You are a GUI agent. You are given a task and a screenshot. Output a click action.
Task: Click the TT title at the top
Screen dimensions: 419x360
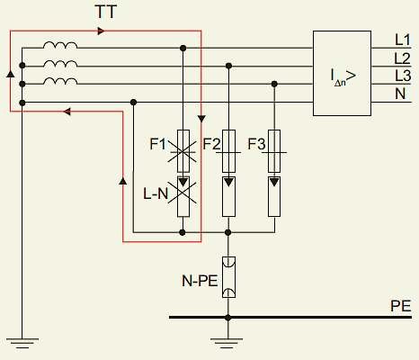pyautogui.click(x=106, y=12)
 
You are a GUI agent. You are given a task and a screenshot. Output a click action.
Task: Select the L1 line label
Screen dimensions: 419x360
pyautogui.click(x=403, y=40)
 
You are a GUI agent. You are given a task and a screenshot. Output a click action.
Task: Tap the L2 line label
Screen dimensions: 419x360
pyautogui.click(x=402, y=58)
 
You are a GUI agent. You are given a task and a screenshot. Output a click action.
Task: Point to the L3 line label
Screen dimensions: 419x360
pyautogui.click(x=403, y=76)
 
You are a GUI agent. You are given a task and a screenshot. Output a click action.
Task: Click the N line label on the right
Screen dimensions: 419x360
pyautogui.click(x=400, y=94)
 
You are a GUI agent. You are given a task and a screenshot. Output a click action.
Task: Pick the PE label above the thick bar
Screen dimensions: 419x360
pyautogui.click(x=400, y=306)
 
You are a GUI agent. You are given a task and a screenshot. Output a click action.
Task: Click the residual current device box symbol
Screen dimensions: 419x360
pyautogui.click(x=342, y=73)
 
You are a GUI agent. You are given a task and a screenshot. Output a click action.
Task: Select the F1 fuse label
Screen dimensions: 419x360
pyautogui.click(x=157, y=144)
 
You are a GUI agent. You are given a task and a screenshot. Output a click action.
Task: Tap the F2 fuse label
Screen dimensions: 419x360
pyautogui.click(x=211, y=144)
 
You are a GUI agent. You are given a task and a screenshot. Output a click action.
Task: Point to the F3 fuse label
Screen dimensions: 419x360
pyautogui.click(x=256, y=144)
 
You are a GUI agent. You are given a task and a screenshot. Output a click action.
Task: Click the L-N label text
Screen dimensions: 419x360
pyautogui.click(x=156, y=193)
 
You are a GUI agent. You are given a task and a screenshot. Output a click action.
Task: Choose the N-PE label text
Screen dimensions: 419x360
pyautogui.click(x=200, y=281)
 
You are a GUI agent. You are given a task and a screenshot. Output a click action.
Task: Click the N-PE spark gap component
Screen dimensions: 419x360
pyautogui.click(x=228, y=277)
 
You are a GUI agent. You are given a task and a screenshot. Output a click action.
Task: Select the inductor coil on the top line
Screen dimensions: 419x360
pyautogui.click(x=60, y=45)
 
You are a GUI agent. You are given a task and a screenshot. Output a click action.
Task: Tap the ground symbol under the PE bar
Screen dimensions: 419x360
pyautogui.click(x=227, y=344)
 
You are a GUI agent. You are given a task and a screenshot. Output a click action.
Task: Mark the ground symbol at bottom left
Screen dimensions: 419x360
pyautogui.click(x=22, y=344)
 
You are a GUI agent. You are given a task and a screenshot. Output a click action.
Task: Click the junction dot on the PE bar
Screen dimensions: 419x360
pyautogui.click(x=228, y=318)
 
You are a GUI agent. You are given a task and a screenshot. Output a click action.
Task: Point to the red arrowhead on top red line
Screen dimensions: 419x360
pyautogui.click(x=102, y=31)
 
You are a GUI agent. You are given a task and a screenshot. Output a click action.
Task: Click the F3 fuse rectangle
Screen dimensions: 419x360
pyautogui.click(x=274, y=151)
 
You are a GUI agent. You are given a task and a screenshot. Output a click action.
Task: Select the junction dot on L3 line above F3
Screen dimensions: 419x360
pyautogui.click(x=274, y=84)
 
